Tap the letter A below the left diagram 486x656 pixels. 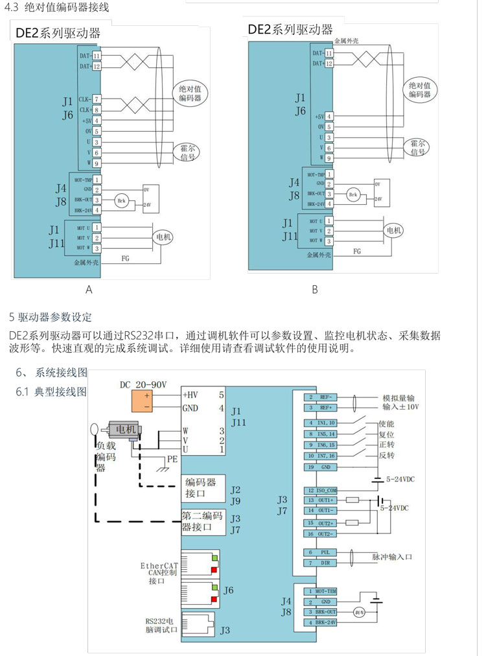(x=89, y=290)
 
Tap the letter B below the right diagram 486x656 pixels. (x=314, y=290)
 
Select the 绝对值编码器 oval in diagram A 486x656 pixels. (x=191, y=93)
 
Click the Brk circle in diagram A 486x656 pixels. (x=122, y=201)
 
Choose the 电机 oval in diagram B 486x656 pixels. (x=394, y=230)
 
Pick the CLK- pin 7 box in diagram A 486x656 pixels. (x=97, y=99)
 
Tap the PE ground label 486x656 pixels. (x=172, y=458)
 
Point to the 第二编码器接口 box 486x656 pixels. (x=203, y=522)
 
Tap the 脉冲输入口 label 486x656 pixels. (x=392, y=557)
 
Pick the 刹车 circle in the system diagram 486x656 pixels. (x=359, y=611)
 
